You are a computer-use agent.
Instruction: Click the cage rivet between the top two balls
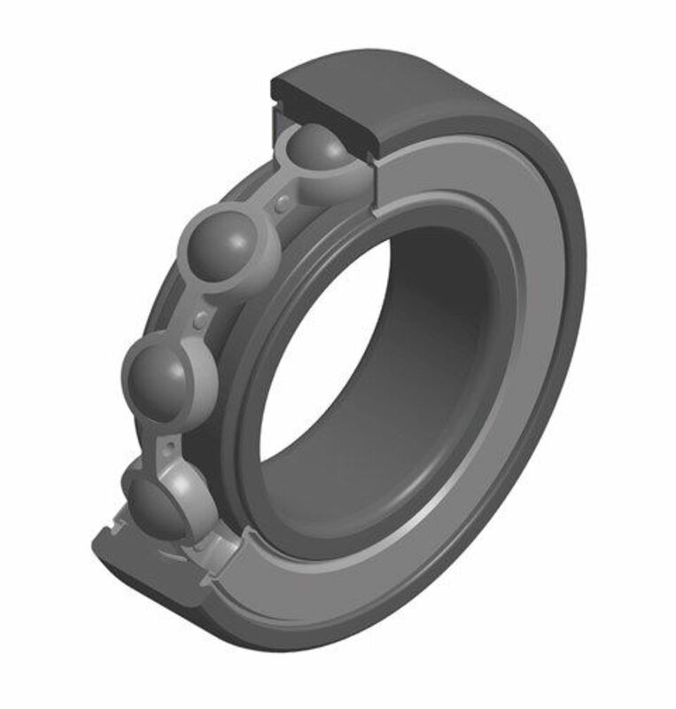click(x=282, y=205)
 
